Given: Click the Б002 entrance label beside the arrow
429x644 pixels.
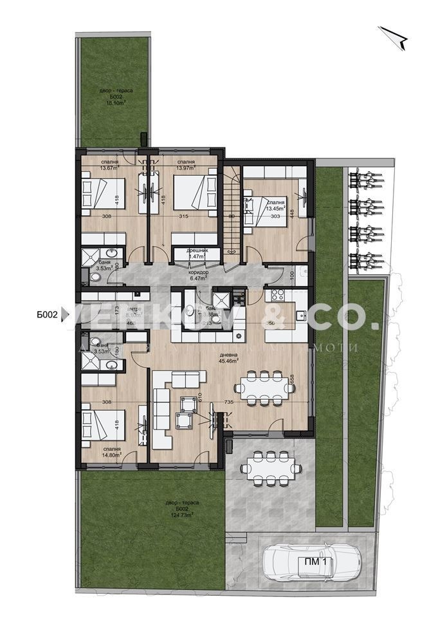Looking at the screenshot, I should click(48, 315).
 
